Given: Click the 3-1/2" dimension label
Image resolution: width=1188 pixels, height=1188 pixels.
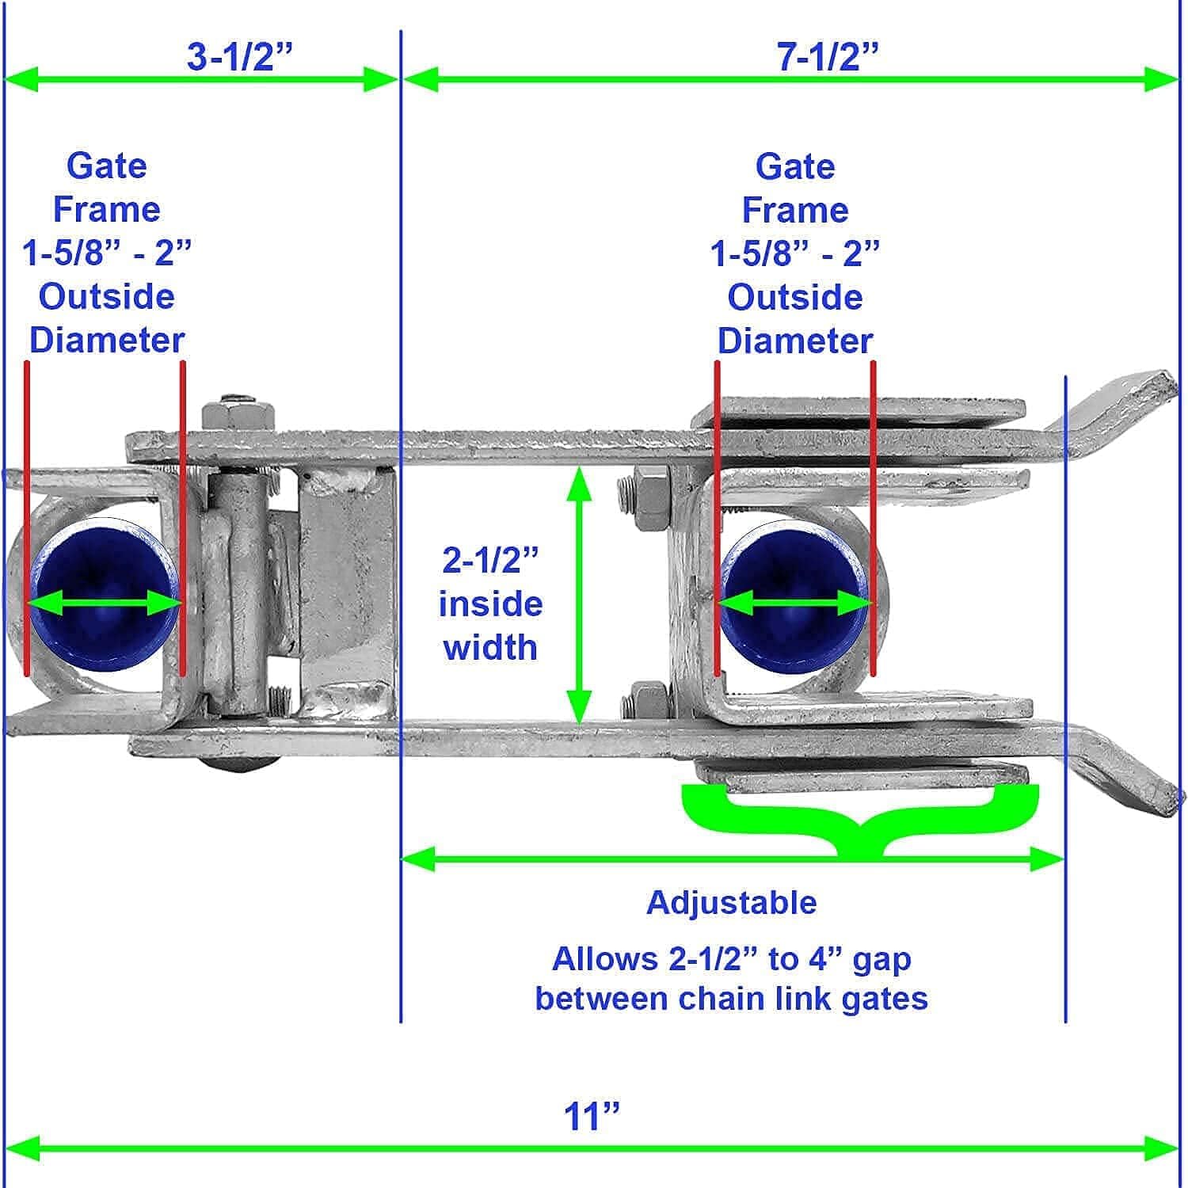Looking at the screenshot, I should (239, 57).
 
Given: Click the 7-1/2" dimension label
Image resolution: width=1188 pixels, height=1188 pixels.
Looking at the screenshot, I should (827, 57).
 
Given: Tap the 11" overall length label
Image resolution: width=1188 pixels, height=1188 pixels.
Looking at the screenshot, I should (591, 1117).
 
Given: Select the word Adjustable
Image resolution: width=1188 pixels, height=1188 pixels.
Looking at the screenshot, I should (731, 903).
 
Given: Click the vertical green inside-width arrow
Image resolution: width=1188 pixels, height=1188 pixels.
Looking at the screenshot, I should (579, 594).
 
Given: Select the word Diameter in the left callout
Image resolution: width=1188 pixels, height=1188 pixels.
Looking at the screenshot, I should (107, 341).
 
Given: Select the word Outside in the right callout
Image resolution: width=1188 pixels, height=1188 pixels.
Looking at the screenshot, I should (794, 297).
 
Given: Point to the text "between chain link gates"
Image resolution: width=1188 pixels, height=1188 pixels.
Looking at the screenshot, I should (731, 998).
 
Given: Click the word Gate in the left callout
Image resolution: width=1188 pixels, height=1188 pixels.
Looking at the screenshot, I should (106, 166).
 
